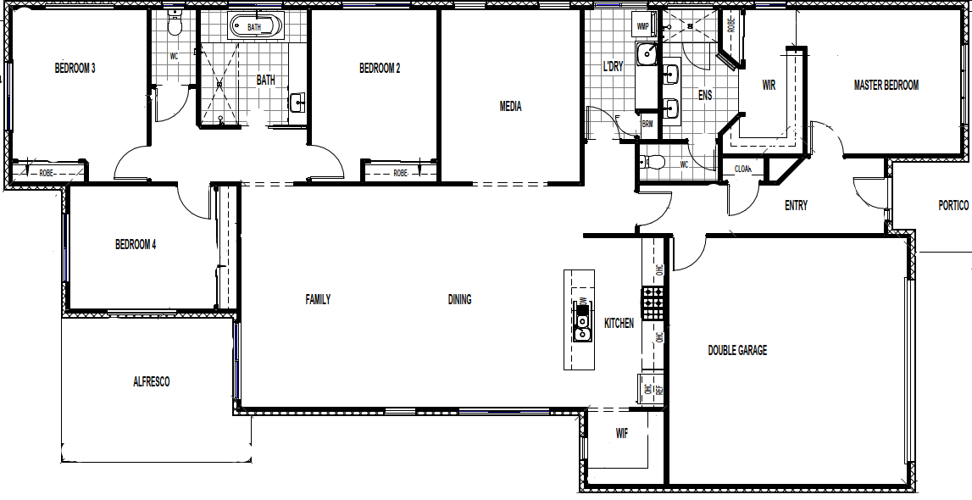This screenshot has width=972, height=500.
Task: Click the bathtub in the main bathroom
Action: pyautogui.click(x=254, y=26)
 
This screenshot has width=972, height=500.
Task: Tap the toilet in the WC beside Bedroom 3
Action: pyautogui.click(x=175, y=25)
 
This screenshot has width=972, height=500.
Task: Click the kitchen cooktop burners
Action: pyautogui.click(x=653, y=303)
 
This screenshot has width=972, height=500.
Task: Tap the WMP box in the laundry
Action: pyautogui.click(x=642, y=26)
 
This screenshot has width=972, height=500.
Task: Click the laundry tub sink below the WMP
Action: pyautogui.click(x=647, y=54)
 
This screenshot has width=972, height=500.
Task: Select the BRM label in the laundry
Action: pyautogui.click(x=647, y=124)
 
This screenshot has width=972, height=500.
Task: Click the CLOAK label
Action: pyautogui.click(x=743, y=169)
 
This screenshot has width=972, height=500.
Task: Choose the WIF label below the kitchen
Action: pyautogui.click(x=621, y=433)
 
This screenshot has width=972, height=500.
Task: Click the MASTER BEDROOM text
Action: pyautogui.click(x=886, y=85)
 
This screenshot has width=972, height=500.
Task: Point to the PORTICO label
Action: pyautogui.click(x=953, y=205)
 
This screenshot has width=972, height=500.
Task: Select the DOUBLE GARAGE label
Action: pyautogui.click(x=737, y=350)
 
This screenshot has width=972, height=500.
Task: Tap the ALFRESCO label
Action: pyautogui.click(x=151, y=381)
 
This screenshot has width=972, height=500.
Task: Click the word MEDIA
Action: pyautogui.click(x=510, y=107)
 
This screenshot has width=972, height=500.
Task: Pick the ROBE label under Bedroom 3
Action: pyautogui.click(x=48, y=173)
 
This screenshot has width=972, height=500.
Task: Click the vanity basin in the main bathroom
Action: pyautogui.click(x=297, y=103)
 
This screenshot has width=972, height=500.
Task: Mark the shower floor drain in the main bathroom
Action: pyautogui.click(x=220, y=84)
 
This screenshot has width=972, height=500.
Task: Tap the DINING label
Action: pyautogui.click(x=459, y=299)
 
